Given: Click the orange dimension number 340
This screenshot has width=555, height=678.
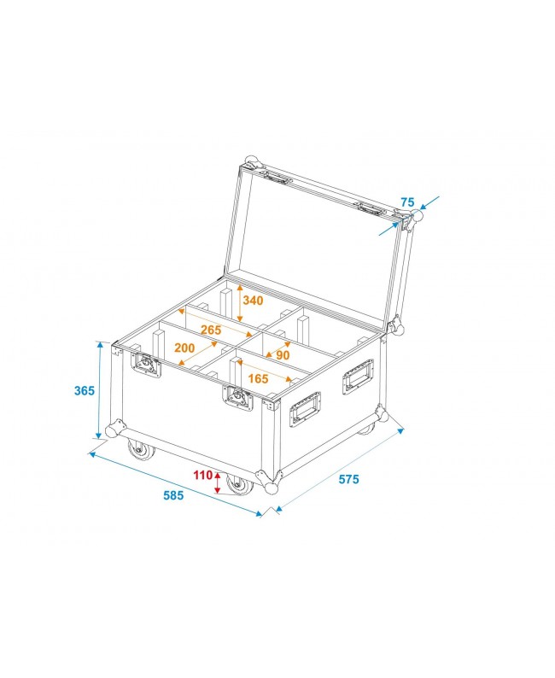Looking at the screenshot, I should [254, 301].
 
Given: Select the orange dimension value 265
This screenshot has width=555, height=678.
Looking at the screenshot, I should [212, 330].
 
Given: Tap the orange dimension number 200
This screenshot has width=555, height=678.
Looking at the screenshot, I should [184, 348].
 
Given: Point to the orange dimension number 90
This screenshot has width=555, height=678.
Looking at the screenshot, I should [283, 355].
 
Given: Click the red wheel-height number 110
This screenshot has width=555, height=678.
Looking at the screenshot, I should [202, 475].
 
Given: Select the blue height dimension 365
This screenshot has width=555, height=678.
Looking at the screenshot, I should [84, 390].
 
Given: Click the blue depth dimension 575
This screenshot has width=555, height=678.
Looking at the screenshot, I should [348, 479].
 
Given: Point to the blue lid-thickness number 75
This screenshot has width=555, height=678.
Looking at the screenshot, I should [407, 202].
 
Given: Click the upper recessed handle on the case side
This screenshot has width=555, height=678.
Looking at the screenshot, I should [358, 377].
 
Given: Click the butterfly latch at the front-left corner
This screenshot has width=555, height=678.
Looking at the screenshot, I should [145, 366].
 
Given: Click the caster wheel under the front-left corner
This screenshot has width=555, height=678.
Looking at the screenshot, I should [137, 447].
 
